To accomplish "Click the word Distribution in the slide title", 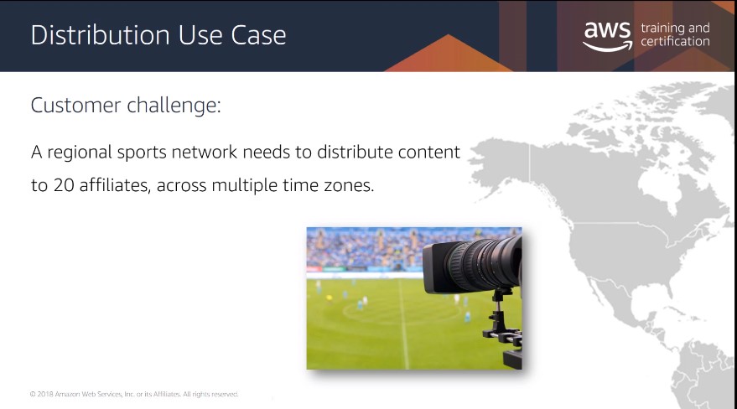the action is coord(100,35).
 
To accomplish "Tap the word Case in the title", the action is coord(258,35).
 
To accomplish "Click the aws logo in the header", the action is coord(608,36).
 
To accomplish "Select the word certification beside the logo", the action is coord(675,42).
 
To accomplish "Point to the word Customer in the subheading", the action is coord(75,106).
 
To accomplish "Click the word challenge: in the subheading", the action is coord(174,106).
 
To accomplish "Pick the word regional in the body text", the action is coord(80,153).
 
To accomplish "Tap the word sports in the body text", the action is coord(142,153).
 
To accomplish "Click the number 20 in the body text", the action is coord(64,185).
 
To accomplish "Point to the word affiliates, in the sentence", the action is coord(115,185).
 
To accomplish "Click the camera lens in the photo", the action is coord(472,266).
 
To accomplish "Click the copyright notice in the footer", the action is coord(134,394).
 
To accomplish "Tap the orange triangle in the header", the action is coord(449,53).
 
